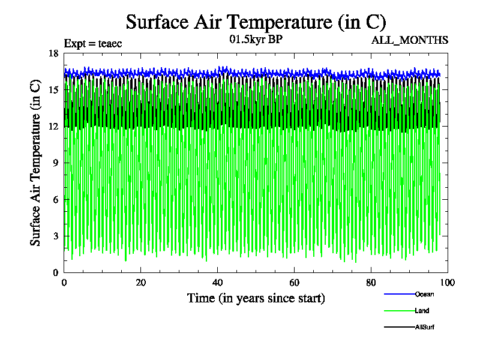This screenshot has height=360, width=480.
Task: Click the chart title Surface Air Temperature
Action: click(x=256, y=22)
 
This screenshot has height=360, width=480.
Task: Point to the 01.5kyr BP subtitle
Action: click(x=256, y=40)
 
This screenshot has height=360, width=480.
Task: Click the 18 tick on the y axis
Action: click(x=53, y=53)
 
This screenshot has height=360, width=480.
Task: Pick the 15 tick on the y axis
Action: click(x=53, y=89)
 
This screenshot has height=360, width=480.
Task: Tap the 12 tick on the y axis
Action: click(x=53, y=126)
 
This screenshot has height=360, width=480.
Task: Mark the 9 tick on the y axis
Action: click(x=55, y=163)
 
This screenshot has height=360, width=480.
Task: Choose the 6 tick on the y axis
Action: click(x=55, y=199)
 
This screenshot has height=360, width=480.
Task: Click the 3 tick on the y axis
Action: click(x=55, y=236)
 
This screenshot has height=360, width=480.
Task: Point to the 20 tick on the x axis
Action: click(x=141, y=283)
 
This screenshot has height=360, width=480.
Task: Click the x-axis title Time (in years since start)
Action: click(x=256, y=298)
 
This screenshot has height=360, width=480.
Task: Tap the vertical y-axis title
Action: click(x=36, y=163)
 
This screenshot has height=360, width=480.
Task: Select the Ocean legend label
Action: click(x=424, y=294)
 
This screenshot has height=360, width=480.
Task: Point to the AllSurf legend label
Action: click(x=425, y=327)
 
